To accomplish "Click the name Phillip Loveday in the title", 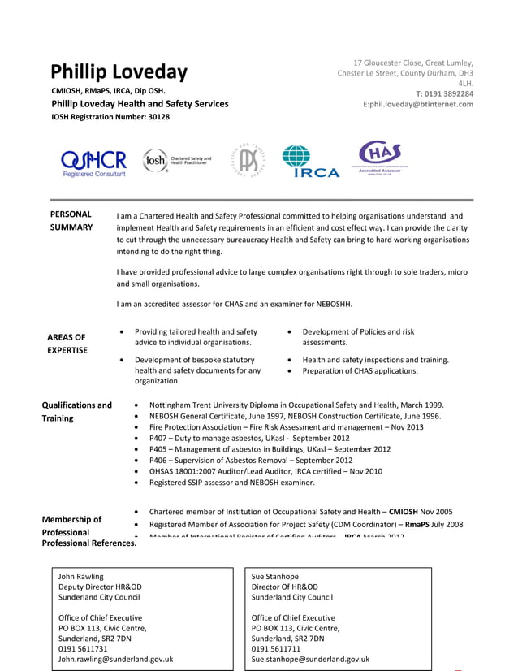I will pos(119,71).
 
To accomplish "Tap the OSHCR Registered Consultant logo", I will pos(94,162).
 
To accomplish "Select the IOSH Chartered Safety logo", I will pos(177,161).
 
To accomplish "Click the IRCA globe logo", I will pos(309,161).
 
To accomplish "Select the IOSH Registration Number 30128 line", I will pos(110,117).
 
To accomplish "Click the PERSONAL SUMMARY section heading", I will pos(71,221).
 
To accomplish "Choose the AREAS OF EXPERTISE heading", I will pos(67,344).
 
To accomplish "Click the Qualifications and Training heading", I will pos(76,411).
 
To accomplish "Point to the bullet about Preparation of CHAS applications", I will pos(360,371).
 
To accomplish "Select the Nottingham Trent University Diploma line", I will pos(296,405).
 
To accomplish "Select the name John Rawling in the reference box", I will pos(81,576).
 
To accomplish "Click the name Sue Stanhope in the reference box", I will pos(275,576).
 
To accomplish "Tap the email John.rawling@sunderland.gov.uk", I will pos(115,660).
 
